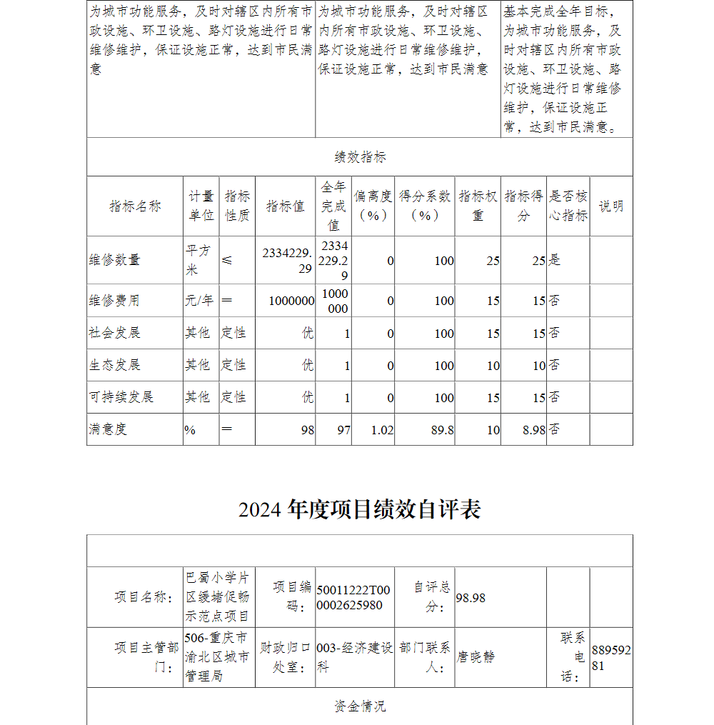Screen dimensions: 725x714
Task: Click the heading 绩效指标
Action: tap(360, 157)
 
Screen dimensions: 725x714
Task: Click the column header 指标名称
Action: tap(135, 206)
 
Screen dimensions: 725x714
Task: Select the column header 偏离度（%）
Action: tap(373, 206)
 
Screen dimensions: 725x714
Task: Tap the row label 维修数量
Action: tap(115, 260)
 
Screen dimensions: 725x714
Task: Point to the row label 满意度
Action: tap(108, 429)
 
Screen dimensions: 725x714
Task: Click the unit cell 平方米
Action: tap(198, 260)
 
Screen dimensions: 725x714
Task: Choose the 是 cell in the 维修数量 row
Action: tap(555, 260)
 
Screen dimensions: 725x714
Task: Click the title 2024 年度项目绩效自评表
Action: tap(359, 509)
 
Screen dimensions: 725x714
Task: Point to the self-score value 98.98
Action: tap(471, 598)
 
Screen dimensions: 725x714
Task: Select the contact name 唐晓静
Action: tap(476, 657)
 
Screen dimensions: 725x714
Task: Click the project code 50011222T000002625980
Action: tap(353, 598)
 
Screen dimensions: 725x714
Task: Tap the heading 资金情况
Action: tap(360, 706)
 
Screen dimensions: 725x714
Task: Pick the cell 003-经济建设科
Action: tap(354, 657)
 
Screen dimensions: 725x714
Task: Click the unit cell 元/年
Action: tap(199, 301)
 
